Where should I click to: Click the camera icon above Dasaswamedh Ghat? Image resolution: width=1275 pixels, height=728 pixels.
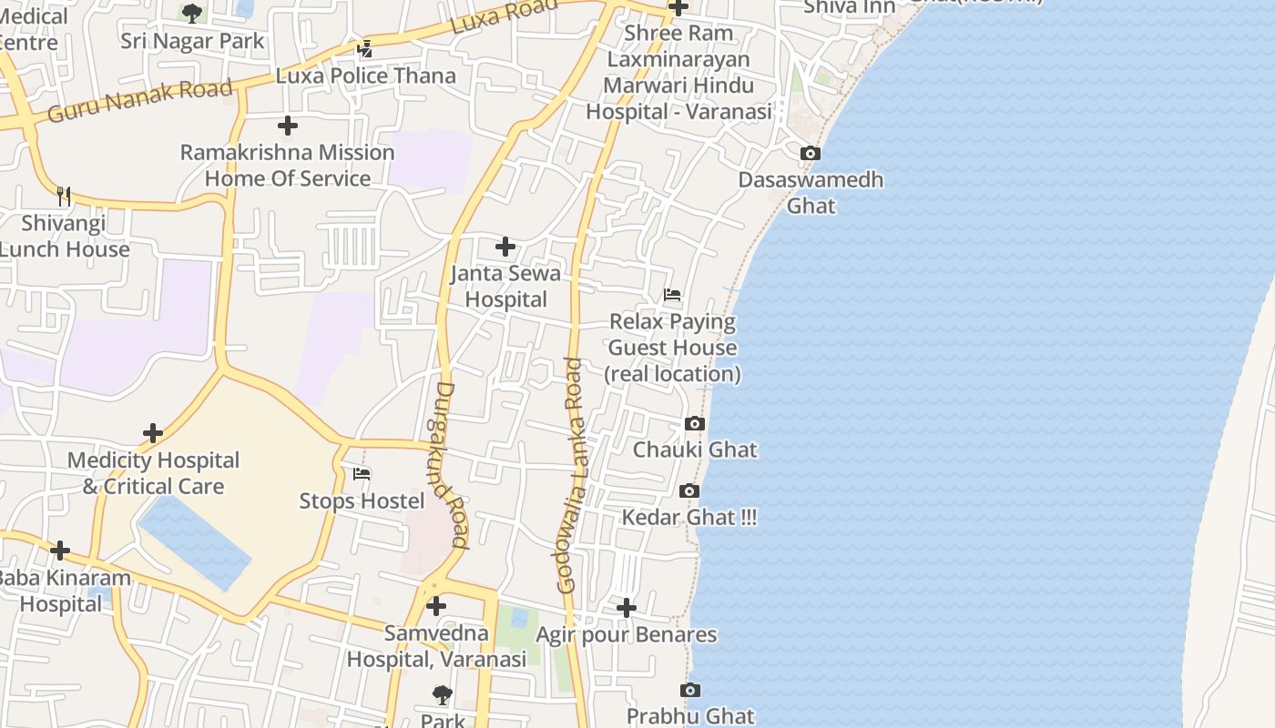[810, 154]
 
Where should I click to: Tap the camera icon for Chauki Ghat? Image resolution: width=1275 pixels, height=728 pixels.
[694, 424]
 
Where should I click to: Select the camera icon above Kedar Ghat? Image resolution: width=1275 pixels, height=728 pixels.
[689, 491]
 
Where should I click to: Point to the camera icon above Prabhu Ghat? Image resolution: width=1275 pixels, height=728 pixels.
[690, 691]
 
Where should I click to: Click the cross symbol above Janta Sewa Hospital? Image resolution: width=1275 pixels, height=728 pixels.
[505, 247]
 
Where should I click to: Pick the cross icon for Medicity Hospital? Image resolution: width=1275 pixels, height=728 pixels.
[153, 433]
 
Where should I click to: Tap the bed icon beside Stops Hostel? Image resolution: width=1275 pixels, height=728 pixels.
[362, 474]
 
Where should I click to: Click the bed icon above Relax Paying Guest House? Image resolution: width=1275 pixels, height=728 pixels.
[672, 295]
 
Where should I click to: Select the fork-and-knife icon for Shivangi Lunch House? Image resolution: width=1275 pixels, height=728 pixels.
[63, 196]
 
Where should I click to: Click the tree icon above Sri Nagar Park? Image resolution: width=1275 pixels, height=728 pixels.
[191, 13]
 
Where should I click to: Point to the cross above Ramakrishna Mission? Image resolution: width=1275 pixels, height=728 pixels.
[288, 126]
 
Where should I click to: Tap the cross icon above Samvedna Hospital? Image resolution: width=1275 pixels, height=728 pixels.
[436, 605]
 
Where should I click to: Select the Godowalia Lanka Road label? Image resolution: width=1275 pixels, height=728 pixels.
[571, 475]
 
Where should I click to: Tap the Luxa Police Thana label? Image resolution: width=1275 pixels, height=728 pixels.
[365, 76]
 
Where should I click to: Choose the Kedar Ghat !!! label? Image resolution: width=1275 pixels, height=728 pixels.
[688, 518]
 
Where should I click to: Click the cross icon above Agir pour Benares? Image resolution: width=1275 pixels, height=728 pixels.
[627, 607]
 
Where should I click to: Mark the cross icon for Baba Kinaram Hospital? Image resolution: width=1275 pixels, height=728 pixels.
[60, 551]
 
